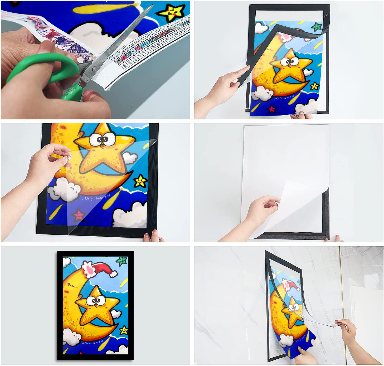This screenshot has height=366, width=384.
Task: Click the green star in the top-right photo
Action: coord(317,27)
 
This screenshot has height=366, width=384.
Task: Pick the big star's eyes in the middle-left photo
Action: coord(103,139)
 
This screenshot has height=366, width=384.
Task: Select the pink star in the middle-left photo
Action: coord(79,215)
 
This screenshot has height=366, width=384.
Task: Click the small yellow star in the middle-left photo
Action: coord(140,181)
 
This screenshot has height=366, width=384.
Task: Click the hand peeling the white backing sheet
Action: coord(264,208)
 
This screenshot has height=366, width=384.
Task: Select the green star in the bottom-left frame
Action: coord(122,261)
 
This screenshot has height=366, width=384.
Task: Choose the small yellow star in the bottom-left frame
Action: coord(124,330)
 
